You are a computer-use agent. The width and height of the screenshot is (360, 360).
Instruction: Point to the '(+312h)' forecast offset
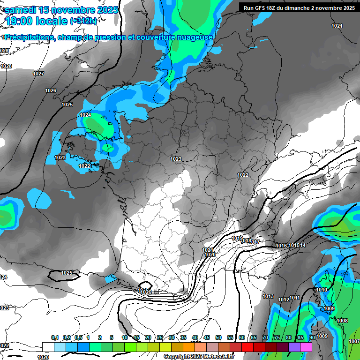click(x=83, y=21)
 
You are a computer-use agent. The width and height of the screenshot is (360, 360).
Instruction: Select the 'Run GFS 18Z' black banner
click(x=299, y=7)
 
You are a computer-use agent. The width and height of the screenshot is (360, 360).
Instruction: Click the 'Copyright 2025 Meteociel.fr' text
click(x=199, y=356)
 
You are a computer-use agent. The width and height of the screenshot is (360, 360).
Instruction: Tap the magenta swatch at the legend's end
click(x=306, y=347)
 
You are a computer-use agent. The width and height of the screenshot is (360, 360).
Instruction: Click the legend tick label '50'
click(x=218, y=337)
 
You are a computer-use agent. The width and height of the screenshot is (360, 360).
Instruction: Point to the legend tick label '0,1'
click(x=54, y=337)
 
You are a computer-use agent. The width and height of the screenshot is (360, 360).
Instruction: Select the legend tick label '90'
click(x=312, y=337)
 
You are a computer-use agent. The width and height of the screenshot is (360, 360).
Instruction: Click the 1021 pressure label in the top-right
click(x=337, y=26)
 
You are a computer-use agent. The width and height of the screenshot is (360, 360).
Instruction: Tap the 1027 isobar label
click(x=38, y=74)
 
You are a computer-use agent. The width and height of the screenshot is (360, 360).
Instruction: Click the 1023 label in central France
click(x=176, y=159)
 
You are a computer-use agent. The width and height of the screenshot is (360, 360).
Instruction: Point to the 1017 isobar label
click(x=255, y=242)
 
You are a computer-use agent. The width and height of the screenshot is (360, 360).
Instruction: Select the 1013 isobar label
click(x=268, y=296)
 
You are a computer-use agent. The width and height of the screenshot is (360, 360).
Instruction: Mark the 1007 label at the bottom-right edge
click(x=354, y=341)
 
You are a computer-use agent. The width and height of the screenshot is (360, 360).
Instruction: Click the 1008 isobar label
click(x=342, y=321)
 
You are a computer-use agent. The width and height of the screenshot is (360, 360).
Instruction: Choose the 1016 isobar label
click(x=281, y=246)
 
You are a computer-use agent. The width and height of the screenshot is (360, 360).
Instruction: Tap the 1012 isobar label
click(x=284, y=300)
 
